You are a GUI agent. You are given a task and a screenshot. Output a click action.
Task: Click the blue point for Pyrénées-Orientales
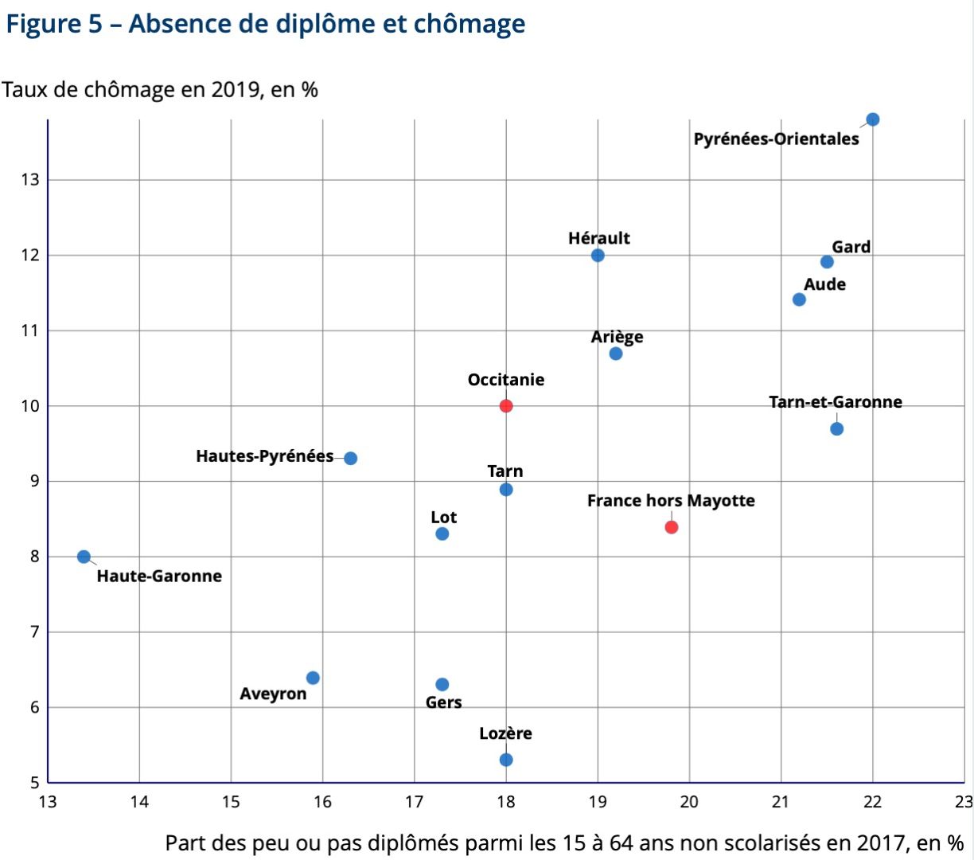[873, 119]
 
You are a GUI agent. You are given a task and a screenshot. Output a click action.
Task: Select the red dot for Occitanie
[506, 405]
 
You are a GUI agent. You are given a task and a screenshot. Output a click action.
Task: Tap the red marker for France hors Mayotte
[672, 527]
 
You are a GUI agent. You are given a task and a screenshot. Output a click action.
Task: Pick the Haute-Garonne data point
[84, 557]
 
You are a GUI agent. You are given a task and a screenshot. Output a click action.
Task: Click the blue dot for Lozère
[506, 760]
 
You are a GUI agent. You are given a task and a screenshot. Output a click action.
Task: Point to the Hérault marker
[598, 255]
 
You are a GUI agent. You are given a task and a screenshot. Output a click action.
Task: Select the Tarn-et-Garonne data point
[836, 428]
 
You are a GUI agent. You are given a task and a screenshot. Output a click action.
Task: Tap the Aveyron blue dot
[313, 678]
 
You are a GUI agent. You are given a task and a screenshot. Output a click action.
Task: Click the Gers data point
[442, 684]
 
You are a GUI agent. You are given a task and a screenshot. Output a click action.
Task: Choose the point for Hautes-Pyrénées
[350, 458]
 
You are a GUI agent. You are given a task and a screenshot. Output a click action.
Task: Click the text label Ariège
[617, 337]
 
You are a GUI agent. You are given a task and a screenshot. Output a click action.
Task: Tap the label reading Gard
[851, 247]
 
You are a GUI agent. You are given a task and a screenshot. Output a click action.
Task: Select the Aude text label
[824, 284]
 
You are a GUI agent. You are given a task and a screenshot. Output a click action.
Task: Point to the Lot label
[443, 518]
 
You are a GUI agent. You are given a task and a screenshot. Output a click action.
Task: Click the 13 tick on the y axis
[29, 179]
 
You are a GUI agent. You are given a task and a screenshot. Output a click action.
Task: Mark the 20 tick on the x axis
[689, 802]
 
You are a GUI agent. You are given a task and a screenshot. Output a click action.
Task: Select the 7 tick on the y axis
[34, 631]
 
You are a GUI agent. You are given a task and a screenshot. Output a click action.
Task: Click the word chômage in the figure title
[469, 24]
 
